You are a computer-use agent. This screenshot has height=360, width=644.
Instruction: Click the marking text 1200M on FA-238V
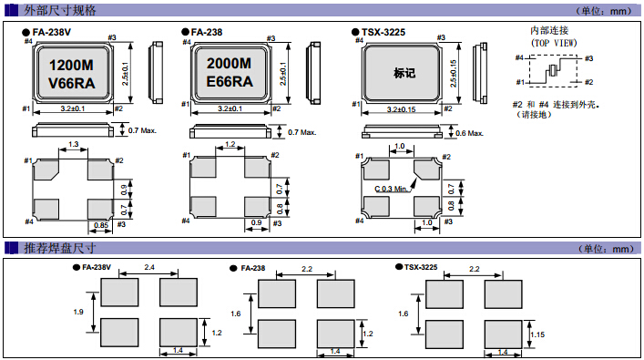(x=71, y=65)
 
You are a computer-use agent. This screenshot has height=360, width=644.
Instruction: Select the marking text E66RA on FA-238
(x=230, y=81)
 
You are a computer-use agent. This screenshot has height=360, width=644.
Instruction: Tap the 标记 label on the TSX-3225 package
(x=404, y=73)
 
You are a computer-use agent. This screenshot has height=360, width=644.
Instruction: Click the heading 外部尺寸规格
(x=59, y=10)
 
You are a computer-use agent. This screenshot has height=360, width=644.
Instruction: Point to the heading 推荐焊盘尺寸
(x=59, y=248)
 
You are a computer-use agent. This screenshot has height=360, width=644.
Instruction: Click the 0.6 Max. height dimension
(x=469, y=133)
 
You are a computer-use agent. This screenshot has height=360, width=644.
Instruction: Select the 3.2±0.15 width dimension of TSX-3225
(x=401, y=109)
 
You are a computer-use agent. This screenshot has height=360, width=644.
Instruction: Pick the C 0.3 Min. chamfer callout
(x=391, y=189)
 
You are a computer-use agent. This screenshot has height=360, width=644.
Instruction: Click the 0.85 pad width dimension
(x=101, y=225)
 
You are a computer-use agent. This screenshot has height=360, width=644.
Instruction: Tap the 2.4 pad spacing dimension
(x=149, y=267)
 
